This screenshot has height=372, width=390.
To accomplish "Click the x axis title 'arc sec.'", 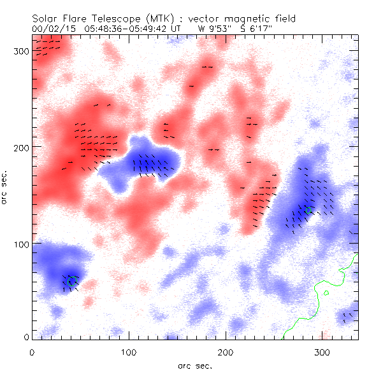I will click(x=195, y=366).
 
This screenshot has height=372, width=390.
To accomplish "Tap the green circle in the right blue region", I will click(x=310, y=210).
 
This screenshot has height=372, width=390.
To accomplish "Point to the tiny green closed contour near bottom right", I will click(x=326, y=293).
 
